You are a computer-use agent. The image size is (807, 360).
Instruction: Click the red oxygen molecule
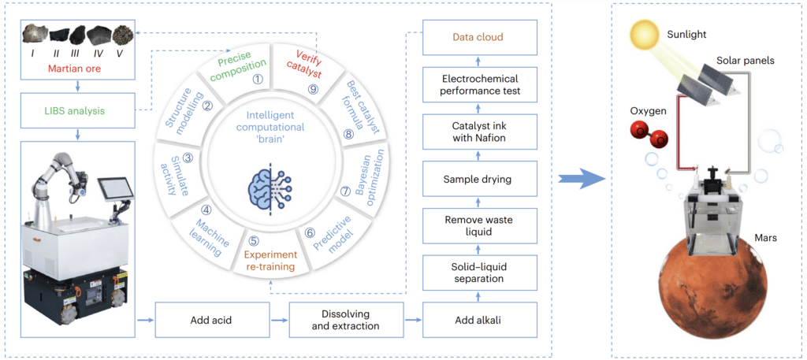651,135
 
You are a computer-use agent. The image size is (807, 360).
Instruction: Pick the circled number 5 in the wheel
252,242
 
